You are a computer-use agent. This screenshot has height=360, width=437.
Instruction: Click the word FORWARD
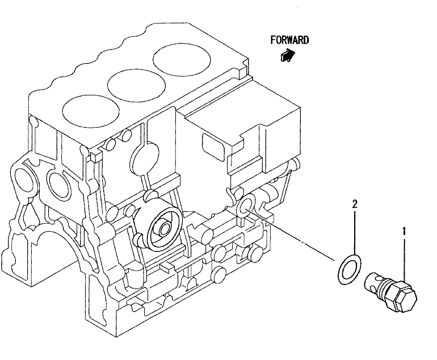[x=289, y=40]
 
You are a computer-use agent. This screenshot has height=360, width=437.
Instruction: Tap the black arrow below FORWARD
[x=288, y=55]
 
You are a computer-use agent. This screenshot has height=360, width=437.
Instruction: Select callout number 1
[x=404, y=232]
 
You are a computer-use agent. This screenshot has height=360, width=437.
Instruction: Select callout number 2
[x=355, y=204]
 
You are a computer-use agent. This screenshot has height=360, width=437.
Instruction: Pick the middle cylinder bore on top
[x=136, y=85]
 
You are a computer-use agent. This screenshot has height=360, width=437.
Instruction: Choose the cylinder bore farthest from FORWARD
[x=91, y=111]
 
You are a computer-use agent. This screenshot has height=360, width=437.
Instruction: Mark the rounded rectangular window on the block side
[x=213, y=147]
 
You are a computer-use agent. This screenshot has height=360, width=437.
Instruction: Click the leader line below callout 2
[x=355, y=232]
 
